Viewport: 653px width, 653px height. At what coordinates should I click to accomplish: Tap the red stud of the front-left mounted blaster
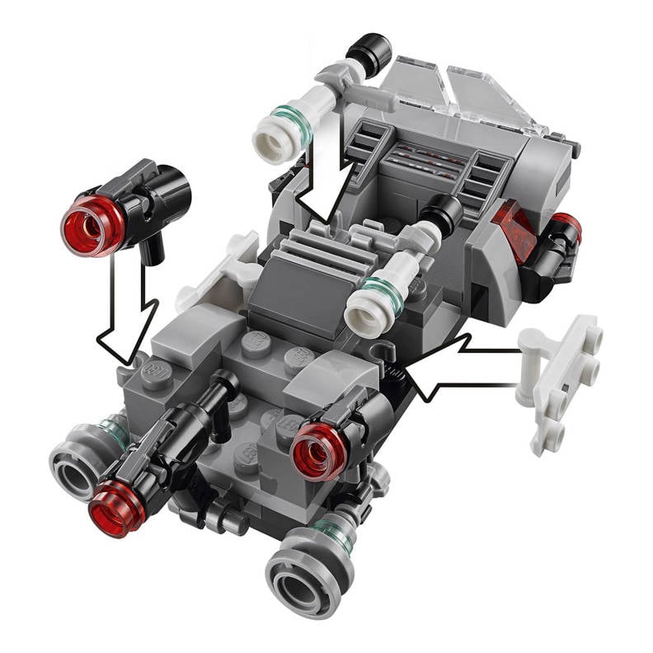[x=116, y=510]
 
